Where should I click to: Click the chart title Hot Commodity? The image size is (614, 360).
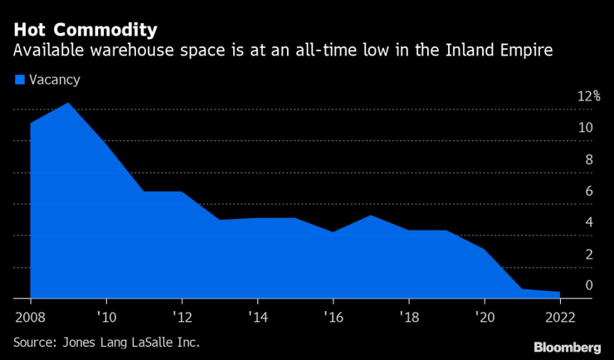click(85, 31)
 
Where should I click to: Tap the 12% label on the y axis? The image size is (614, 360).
click(588, 96)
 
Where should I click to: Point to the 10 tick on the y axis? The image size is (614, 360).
click(586, 128)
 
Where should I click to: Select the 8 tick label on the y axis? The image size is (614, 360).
click(588, 159)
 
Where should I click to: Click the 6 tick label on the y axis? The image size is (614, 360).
click(588, 191)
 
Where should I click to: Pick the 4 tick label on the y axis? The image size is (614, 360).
click(588, 222)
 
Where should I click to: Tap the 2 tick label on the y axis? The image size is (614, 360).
click(588, 254)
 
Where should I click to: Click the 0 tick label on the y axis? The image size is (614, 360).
click(588, 285)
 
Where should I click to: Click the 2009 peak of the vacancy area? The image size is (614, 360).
click(68, 104)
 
